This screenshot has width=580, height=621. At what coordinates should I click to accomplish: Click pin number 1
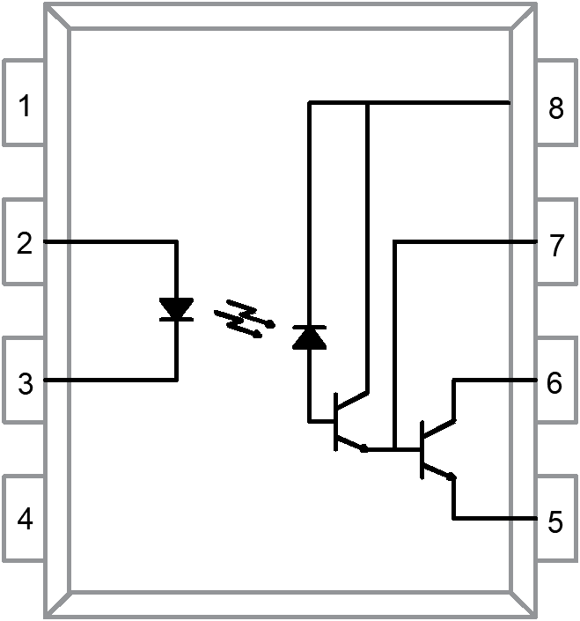point(25,107)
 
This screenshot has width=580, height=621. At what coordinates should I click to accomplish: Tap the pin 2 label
point(25,242)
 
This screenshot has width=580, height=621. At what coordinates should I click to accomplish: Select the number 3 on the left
point(25,383)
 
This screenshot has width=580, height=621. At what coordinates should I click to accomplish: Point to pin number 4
point(25,519)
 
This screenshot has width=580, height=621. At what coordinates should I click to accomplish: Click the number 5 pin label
point(554,521)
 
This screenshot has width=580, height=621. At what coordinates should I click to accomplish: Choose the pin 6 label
point(554,383)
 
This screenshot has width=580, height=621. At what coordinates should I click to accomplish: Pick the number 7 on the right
point(554,247)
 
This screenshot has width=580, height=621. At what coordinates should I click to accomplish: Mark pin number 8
point(554,109)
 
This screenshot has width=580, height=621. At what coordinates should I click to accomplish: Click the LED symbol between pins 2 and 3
point(177,309)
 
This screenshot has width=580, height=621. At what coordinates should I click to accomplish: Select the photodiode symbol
point(308,336)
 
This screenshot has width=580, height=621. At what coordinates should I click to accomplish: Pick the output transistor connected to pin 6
point(433,450)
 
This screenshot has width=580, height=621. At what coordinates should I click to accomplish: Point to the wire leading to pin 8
point(440,103)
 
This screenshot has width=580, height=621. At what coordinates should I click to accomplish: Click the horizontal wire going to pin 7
point(466,240)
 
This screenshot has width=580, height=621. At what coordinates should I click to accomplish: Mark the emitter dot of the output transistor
point(452,477)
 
